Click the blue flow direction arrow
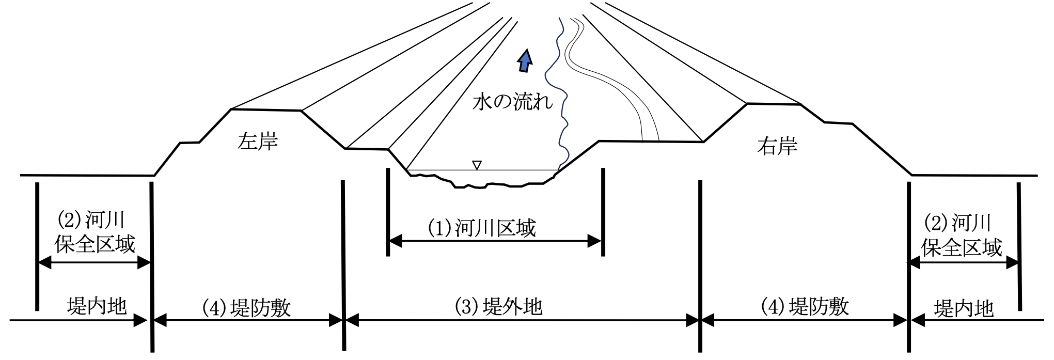point(525,61)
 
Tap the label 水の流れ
point(512,102)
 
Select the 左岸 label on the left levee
point(258,141)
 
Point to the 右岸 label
point(777,146)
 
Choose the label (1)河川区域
point(482,228)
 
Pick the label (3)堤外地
point(498,307)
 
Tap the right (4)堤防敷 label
point(805,307)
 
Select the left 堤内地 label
point(97,306)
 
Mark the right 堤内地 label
point(964,309)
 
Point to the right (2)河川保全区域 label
point(962,236)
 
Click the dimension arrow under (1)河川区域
point(495,241)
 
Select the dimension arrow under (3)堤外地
point(522,321)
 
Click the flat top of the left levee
point(266,109)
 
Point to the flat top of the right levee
point(774,104)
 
